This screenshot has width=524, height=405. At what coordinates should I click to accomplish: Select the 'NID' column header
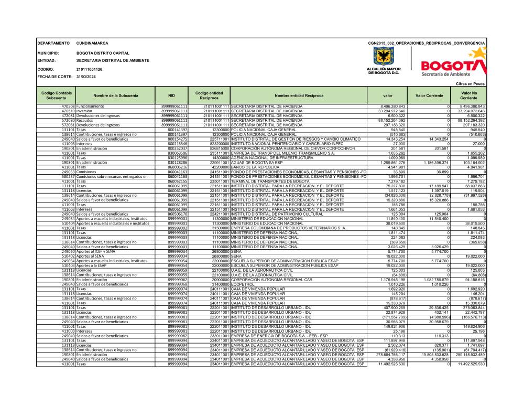click(x=171, y=95)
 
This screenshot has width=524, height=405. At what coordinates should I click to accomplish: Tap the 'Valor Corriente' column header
click(x=429, y=95)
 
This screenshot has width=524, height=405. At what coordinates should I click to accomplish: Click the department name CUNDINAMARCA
click(x=92, y=43)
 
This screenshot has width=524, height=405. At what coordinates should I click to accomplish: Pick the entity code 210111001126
click(x=89, y=69)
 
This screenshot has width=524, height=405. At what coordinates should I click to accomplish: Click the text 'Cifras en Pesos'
click(x=470, y=84)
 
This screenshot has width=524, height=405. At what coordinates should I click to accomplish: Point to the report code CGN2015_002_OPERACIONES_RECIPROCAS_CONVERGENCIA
click(x=427, y=43)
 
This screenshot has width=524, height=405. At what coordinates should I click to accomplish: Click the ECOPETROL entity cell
click(x=242, y=269)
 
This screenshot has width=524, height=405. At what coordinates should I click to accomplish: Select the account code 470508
click(x=69, y=106)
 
